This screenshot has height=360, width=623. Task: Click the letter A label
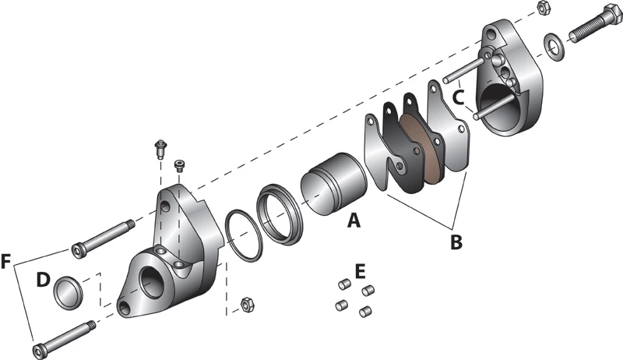pos(354,221)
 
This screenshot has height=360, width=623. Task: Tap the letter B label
pos(456,242)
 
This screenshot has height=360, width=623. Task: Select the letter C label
pos(459,97)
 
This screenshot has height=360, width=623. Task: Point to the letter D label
pos(44,278)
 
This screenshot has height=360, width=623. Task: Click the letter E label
pos(360,271)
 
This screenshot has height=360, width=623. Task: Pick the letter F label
pos(8,261)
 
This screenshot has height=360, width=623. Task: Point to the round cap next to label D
pos(69,291)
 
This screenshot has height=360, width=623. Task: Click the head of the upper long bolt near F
pos(78,250)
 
